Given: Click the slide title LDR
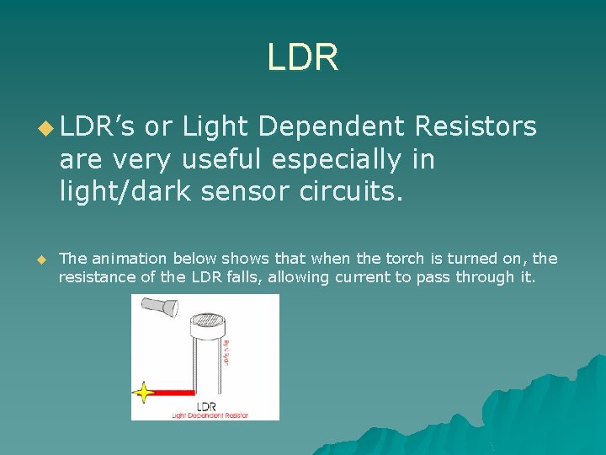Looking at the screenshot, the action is point(303,57).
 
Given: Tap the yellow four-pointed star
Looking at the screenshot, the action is point(145,393).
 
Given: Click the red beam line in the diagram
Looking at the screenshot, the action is point(173,393).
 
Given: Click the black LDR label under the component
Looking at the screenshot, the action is point(205,405).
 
